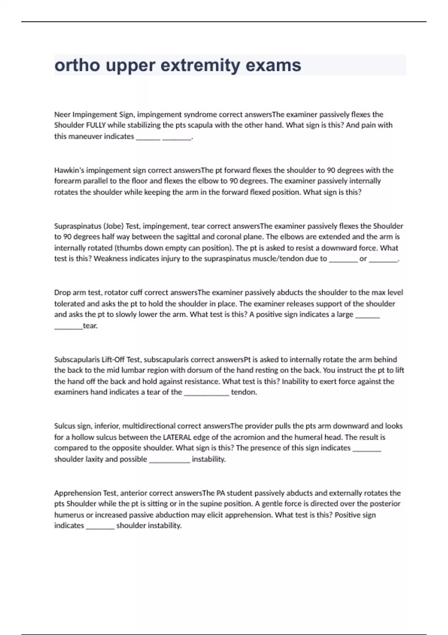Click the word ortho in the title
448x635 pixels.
77,66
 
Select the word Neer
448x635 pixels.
62,114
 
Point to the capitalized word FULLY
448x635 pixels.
96,125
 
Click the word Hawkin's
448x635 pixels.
69,170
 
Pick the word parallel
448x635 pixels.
95,181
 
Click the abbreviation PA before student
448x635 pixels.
221,493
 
